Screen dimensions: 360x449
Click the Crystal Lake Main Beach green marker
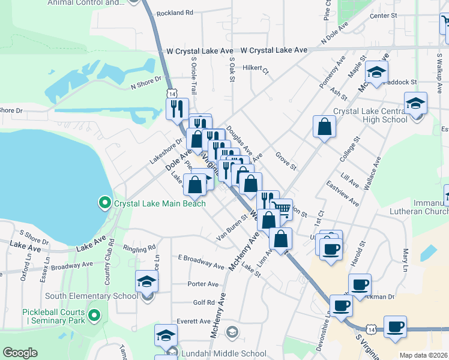coord(105,203)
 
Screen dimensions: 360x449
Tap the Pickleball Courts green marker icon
coord(94,315)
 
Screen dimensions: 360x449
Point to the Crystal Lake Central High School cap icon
coord(416,103)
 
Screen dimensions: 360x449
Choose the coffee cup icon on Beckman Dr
coord(360,284)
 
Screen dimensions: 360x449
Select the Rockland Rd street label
coord(175,13)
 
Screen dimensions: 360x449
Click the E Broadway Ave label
coord(200,261)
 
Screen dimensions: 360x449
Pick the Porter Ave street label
coord(203,284)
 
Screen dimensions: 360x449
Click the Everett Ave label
coord(193,321)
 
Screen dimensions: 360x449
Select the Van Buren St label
coord(232,227)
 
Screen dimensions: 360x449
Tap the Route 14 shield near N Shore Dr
coord(172,94)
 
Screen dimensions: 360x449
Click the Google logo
coord(20,353)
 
